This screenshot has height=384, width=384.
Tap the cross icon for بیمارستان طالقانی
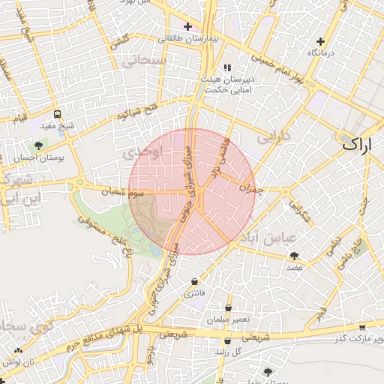pos(187,26)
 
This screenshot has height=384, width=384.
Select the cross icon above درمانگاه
pos(321,41)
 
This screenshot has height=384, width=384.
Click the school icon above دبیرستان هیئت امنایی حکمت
pos(227,67)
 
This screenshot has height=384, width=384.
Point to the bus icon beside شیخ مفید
pos(57,115)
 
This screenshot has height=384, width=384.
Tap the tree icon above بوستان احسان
pos(39,145)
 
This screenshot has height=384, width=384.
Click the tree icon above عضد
pos(293,256)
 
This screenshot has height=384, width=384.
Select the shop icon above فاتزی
pos(195,282)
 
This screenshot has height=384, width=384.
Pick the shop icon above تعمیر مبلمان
pos(229,307)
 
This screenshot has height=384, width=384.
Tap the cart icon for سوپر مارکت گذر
pos(363,327)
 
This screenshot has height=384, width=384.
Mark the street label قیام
pos(19,118)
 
